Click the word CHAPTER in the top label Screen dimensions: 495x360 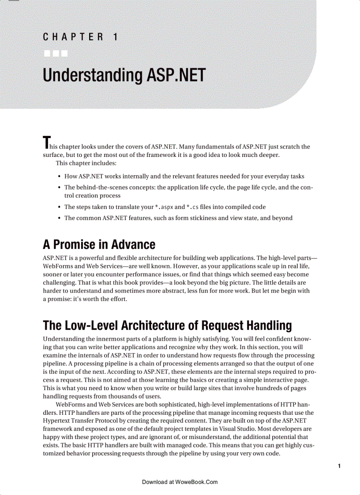coord(73,37)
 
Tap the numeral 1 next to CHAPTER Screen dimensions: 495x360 coord(115,37)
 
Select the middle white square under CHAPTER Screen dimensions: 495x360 coord(56,54)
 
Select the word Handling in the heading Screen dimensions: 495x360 coord(269,326)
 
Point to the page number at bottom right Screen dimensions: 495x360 coord(338,466)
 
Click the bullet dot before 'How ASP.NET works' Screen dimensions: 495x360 coord(59,177)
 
